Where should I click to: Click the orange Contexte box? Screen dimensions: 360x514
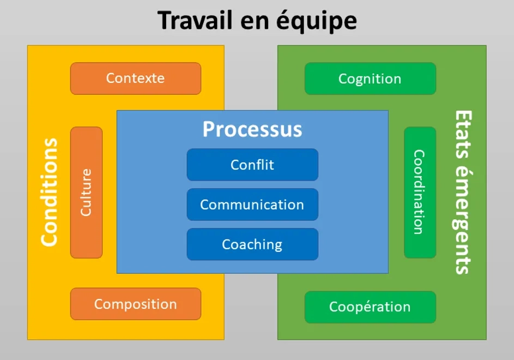click(x=135, y=78)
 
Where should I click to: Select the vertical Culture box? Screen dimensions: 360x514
click(x=86, y=192)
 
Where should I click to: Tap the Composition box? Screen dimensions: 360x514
click(x=135, y=304)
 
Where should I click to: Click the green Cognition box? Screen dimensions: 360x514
click(x=370, y=79)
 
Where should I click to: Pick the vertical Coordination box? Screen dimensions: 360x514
click(x=419, y=192)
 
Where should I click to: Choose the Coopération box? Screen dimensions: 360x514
click(x=370, y=307)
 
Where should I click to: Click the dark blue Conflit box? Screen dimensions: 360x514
click(x=252, y=164)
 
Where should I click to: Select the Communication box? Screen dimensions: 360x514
click(x=252, y=205)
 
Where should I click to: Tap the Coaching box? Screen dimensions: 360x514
click(x=252, y=244)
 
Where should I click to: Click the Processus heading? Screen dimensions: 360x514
click(x=252, y=129)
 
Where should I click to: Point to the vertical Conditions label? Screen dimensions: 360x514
click(x=49, y=192)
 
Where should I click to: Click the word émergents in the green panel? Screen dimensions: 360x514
click(x=463, y=218)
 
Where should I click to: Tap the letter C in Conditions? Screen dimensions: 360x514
click(x=49, y=239)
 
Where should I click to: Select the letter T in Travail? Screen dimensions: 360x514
click(x=165, y=21)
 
